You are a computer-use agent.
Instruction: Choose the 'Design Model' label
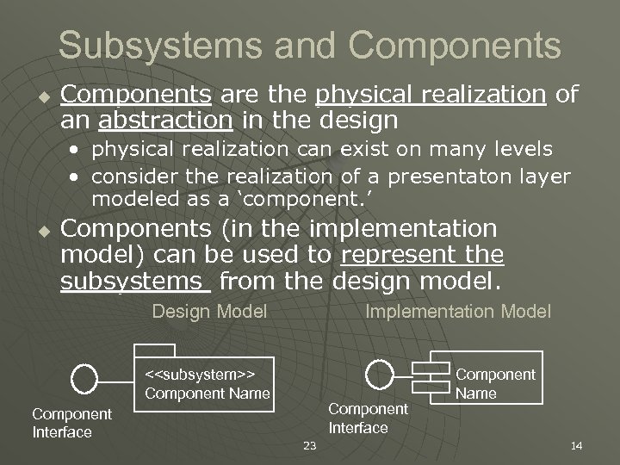(209, 311)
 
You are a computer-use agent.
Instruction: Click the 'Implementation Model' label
(458, 311)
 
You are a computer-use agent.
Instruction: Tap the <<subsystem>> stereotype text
(199, 375)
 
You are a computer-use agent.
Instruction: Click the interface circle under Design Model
(84, 377)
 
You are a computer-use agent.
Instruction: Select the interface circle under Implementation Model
(379, 374)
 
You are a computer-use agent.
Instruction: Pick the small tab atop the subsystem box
(154, 350)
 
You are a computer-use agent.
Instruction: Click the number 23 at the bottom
(311, 445)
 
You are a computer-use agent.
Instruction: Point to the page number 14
(577, 445)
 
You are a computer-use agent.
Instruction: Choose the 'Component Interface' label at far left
(72, 423)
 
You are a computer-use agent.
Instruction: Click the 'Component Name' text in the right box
(494, 383)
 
